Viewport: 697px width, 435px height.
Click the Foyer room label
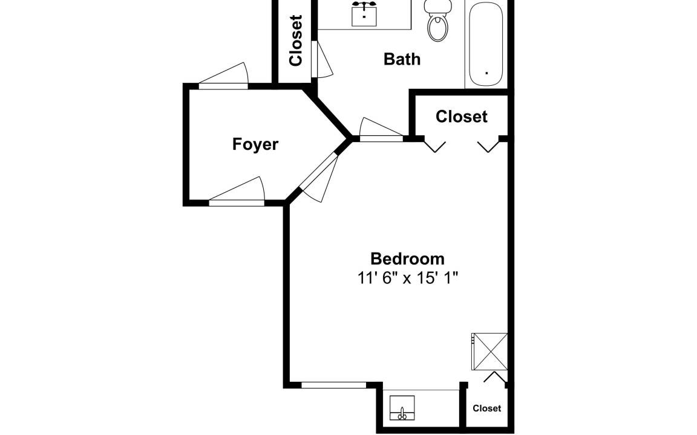[255, 145]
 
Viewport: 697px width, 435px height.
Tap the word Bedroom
[408, 259]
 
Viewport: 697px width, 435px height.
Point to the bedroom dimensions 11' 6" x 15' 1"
[408, 279]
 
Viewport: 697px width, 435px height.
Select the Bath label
[402, 59]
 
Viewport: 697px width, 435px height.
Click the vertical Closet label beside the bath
[296, 40]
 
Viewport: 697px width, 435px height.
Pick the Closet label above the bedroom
[462, 116]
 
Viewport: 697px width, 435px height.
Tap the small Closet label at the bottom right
[486, 408]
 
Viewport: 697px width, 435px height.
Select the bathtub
[485, 44]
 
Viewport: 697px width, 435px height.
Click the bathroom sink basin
[364, 14]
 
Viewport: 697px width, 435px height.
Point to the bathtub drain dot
[486, 72]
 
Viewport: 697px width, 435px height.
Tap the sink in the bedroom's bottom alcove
[402, 408]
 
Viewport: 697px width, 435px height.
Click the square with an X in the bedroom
[489, 351]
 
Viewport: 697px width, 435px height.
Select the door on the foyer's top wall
[223, 76]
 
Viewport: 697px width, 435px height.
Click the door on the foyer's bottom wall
[237, 192]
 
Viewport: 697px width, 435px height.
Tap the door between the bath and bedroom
[381, 130]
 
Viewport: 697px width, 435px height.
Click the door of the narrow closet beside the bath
[321, 59]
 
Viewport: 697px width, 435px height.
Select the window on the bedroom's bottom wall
[333, 385]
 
